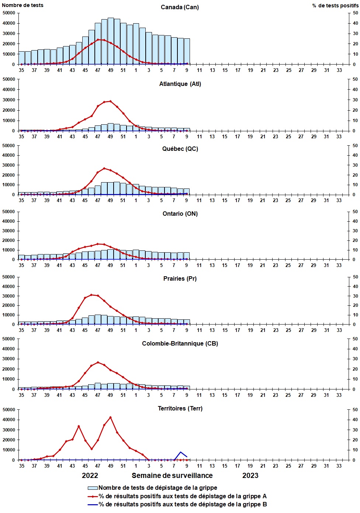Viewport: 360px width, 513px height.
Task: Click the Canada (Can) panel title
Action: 180,7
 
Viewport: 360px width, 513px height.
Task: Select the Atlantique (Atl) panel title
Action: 180,84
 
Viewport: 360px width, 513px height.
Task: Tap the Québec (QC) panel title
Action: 180,149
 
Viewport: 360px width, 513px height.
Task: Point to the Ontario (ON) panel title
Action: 180,214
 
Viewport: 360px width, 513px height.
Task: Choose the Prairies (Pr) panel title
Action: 180,279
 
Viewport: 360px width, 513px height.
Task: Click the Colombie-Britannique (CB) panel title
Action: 180,344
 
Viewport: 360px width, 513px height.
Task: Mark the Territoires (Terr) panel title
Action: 180,409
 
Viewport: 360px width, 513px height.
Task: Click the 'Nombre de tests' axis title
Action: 22,5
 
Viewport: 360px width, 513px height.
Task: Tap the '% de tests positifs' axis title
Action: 335,6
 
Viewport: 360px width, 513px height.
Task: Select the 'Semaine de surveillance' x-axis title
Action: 172,476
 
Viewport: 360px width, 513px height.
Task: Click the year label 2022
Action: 90,476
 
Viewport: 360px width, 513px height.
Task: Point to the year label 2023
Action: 250,476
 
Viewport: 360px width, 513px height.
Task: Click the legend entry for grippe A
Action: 182,496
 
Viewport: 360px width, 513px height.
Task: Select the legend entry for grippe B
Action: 182,505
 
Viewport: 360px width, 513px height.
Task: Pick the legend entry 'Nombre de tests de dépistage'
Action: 157,488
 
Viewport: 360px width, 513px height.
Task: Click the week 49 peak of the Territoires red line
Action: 110,417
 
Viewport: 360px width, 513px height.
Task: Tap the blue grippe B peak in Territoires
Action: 180,452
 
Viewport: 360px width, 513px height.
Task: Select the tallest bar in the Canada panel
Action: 111,41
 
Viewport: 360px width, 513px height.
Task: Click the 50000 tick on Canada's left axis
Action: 9,13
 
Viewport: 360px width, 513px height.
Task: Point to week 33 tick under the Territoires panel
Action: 339,466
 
